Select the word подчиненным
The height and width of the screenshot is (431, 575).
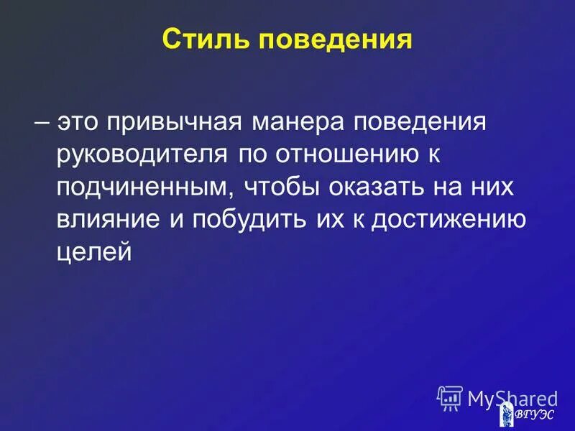(144, 187)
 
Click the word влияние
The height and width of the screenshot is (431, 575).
(108, 219)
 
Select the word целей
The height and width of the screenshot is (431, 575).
(94, 251)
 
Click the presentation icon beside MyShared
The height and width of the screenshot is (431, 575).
(449, 398)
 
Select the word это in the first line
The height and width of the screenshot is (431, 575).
(79, 121)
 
